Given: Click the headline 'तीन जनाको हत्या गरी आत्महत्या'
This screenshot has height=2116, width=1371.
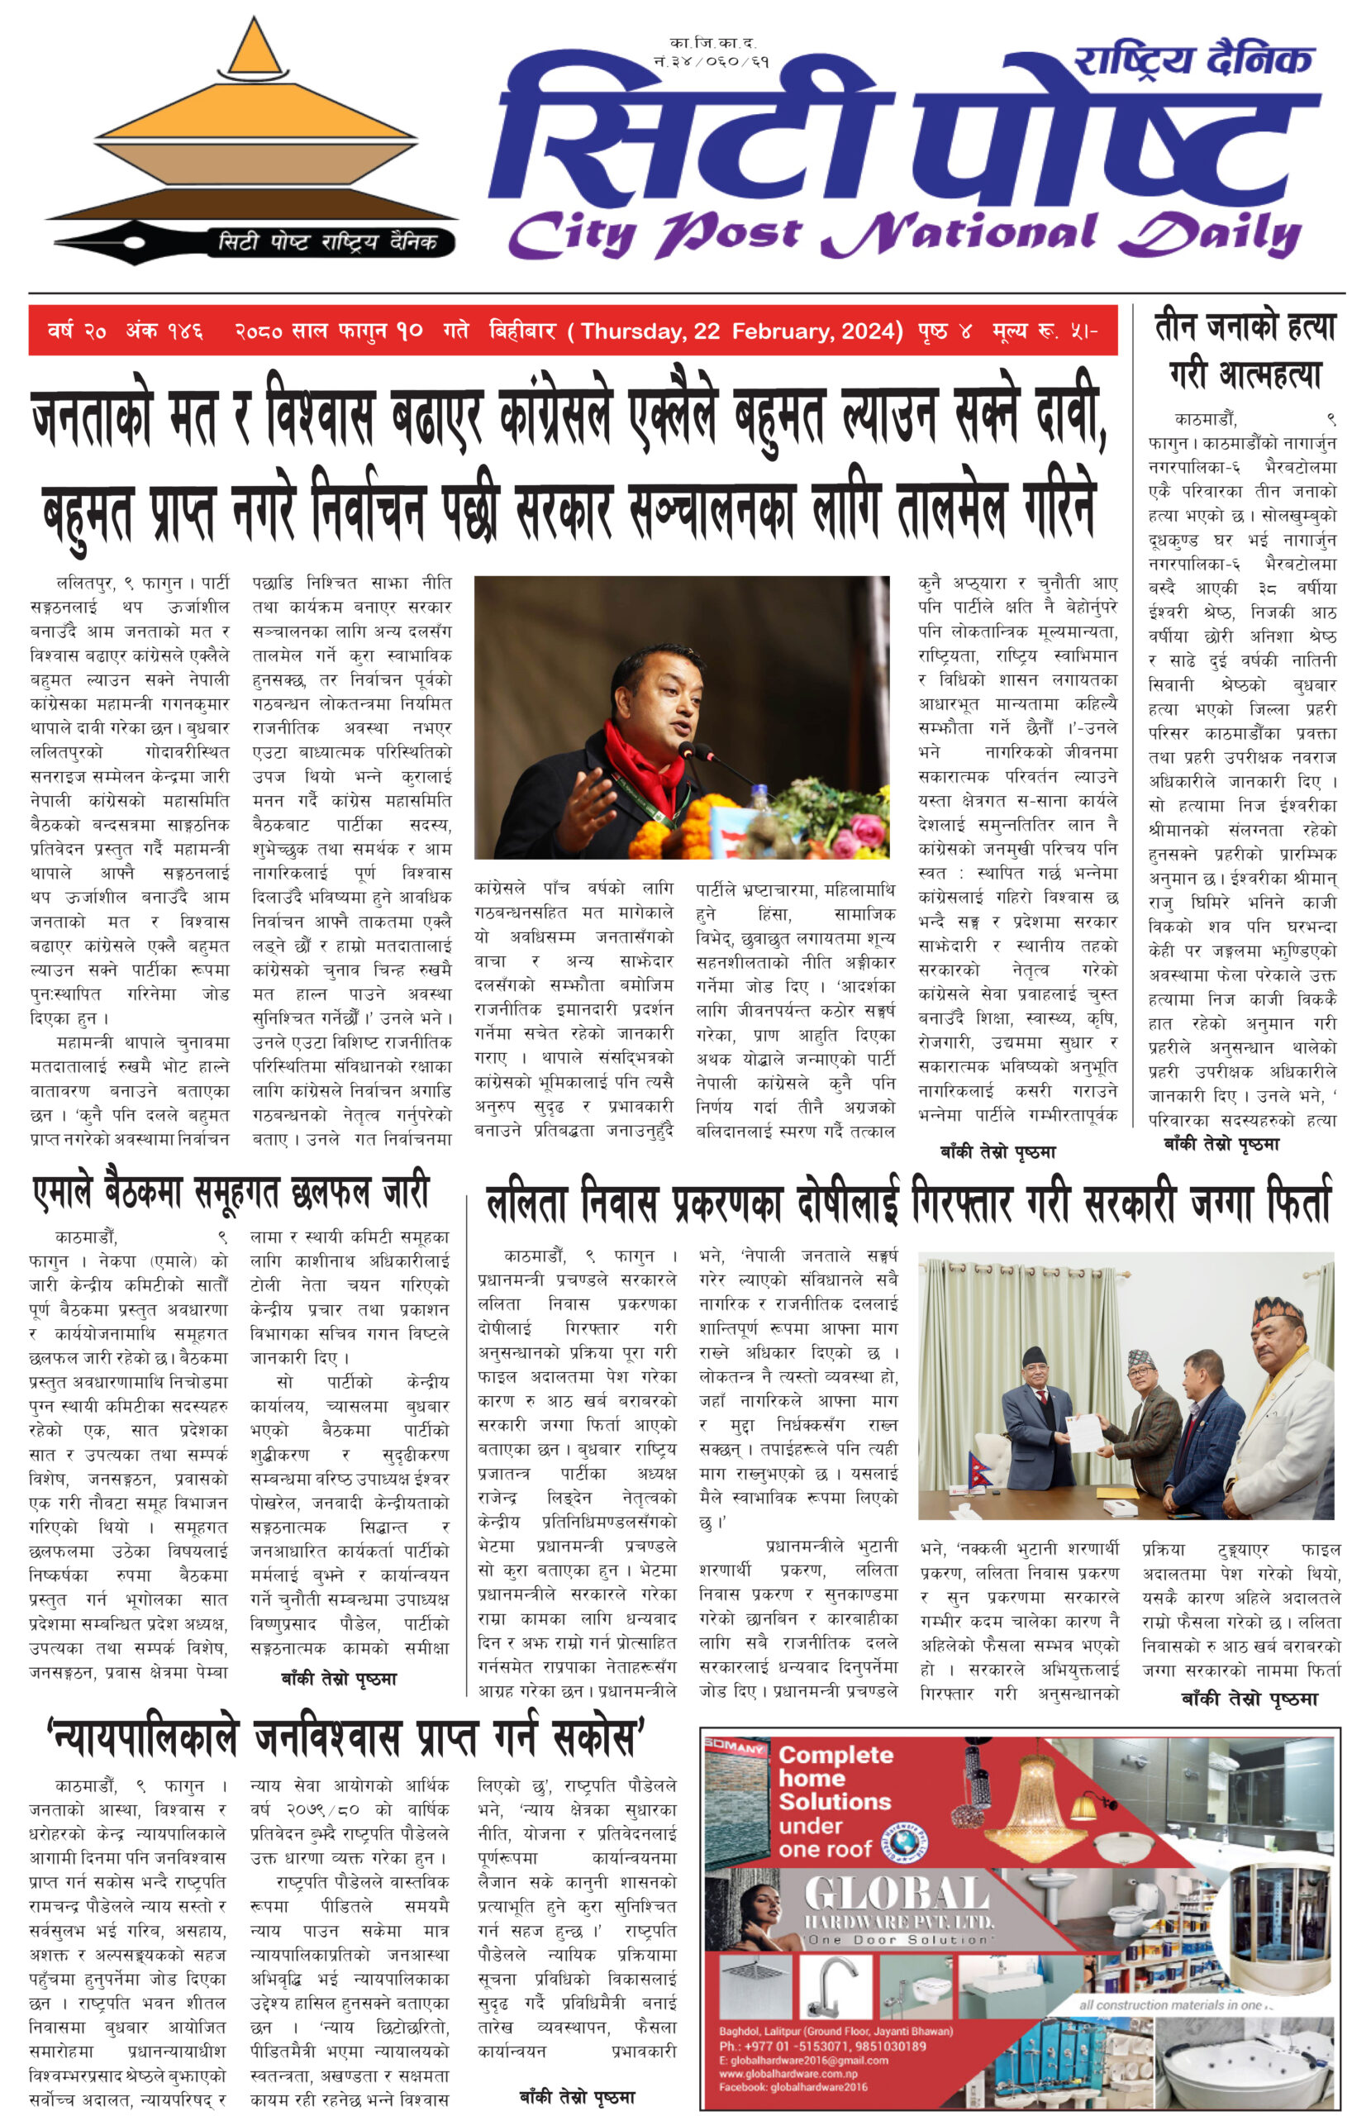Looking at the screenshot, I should tap(1245, 350).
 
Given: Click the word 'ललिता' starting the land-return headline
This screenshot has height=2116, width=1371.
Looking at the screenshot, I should tap(526, 1203).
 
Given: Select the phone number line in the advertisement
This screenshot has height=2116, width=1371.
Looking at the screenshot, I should tap(822, 2046).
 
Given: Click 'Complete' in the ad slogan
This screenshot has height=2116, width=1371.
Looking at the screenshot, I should tap(835, 1755).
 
